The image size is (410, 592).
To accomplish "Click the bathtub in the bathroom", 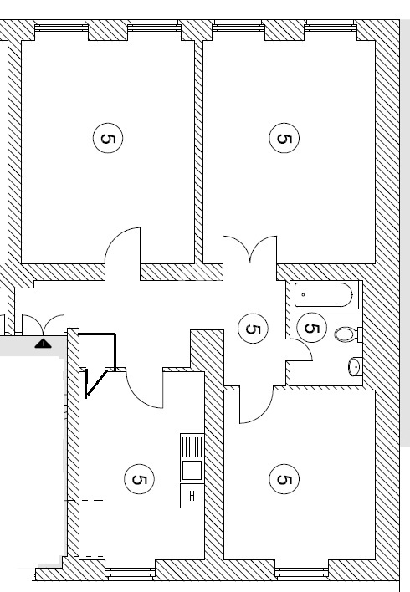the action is [x=323, y=294].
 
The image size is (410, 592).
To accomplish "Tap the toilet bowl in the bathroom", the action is [x=345, y=334].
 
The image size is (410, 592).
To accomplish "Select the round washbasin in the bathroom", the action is [x=355, y=366].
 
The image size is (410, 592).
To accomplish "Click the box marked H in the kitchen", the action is [x=192, y=496].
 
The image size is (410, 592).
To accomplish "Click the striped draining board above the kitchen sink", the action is [x=192, y=447].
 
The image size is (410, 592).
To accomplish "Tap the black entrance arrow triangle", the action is [x=43, y=344].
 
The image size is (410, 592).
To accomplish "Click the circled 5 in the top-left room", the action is [x=108, y=138].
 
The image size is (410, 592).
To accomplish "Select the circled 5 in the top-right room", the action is [x=284, y=138].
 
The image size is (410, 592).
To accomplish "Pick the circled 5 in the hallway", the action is [x=253, y=329].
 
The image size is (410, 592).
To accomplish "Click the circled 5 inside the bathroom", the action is [x=311, y=328].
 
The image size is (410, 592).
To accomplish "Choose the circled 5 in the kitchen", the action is [x=139, y=479].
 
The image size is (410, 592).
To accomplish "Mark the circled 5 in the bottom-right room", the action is [x=284, y=479].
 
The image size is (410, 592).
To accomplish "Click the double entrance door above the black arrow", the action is [x=43, y=324].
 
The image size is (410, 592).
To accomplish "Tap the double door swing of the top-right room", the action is [x=250, y=249].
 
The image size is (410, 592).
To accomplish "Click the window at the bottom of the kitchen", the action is [x=130, y=574].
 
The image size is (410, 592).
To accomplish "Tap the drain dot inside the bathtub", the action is [x=303, y=294].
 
